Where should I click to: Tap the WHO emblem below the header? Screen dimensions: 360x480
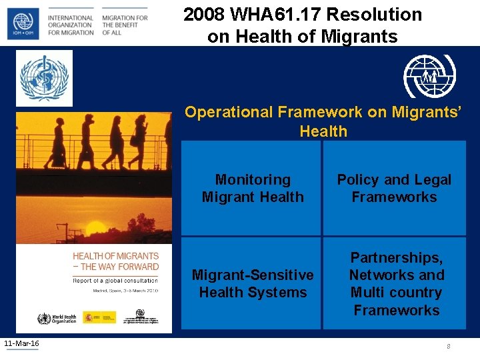[45, 79]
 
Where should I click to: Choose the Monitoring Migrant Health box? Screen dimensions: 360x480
[253, 189]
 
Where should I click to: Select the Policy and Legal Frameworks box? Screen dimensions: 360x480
[394, 189]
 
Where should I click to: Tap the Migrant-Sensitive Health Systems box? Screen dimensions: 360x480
[253, 283]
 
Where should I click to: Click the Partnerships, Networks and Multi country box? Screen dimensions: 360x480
[396, 283]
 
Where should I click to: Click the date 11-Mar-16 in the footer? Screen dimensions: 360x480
[21, 343]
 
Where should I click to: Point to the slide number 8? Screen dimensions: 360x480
[449, 346]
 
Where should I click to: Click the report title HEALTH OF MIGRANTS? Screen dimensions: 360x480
[115, 256]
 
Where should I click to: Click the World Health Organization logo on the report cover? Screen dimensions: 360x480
[57, 318]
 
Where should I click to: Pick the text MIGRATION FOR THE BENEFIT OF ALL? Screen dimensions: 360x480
[125, 25]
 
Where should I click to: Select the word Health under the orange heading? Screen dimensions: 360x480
[323, 131]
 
